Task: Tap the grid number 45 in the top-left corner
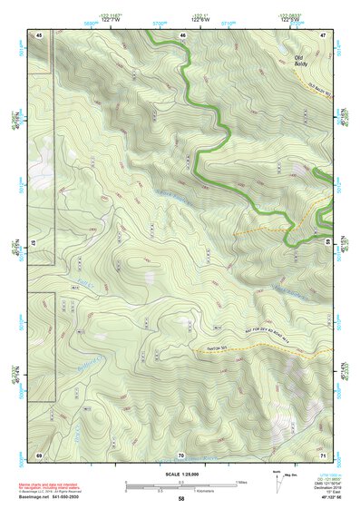click(x=39, y=34)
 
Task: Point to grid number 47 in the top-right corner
click(x=323, y=34)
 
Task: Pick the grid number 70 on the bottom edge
click(x=181, y=454)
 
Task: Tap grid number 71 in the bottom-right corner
click(x=323, y=454)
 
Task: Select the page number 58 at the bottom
click(x=181, y=498)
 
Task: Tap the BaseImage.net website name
click(x=34, y=498)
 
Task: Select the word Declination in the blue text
click(x=323, y=486)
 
